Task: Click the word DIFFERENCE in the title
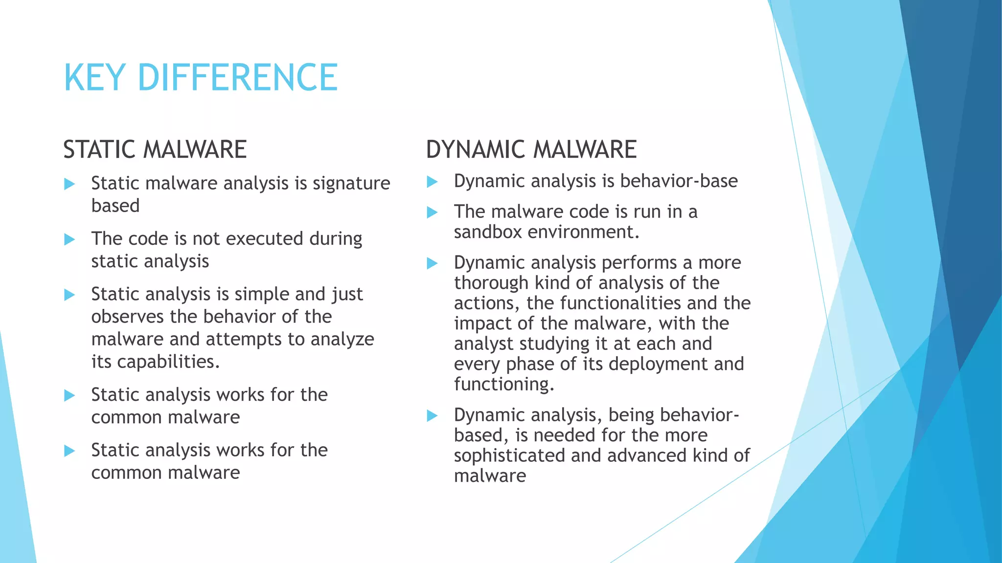click(238, 78)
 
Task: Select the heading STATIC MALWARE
click(155, 150)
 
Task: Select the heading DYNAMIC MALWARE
click(531, 150)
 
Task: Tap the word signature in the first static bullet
click(351, 183)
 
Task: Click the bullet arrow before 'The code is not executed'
click(69, 239)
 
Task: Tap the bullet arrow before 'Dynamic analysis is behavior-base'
click(432, 182)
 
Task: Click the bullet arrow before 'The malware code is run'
click(432, 212)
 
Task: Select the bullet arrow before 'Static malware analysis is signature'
click(69, 184)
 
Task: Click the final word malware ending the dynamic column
click(490, 476)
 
